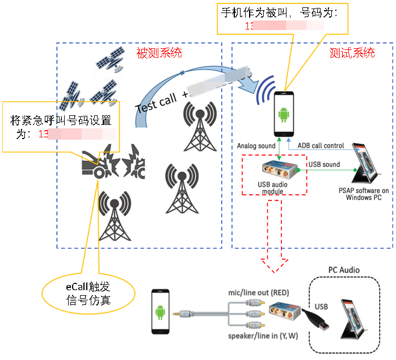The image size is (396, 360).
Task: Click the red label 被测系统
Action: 159,53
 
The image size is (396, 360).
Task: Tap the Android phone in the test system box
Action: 284,114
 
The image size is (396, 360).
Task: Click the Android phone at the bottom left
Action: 161,312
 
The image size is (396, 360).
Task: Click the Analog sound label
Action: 256,145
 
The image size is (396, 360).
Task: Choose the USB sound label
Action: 324,164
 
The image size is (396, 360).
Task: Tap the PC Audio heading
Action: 344,269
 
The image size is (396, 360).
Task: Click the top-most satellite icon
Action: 110,56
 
